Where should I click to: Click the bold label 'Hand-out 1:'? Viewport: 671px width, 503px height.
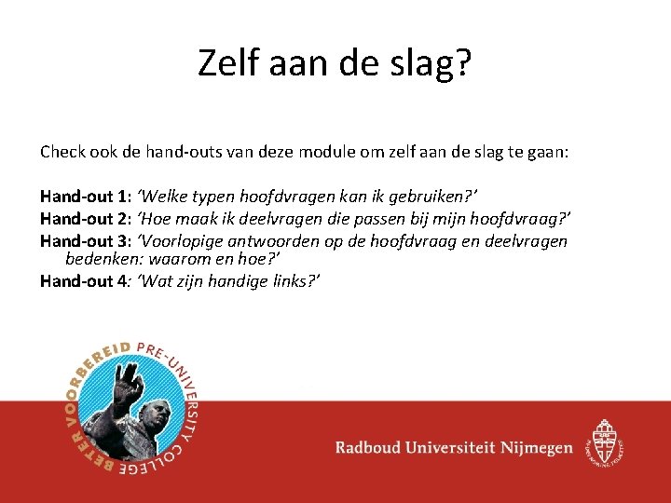coord(85,197)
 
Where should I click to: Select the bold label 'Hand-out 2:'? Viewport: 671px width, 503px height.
coord(85,219)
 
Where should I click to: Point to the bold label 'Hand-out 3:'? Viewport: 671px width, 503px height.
coord(85,241)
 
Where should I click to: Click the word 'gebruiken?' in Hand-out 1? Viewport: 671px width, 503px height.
coord(437,197)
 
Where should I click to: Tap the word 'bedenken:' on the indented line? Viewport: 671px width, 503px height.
coord(100,258)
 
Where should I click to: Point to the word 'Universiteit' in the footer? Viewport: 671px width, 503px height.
coord(452,448)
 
